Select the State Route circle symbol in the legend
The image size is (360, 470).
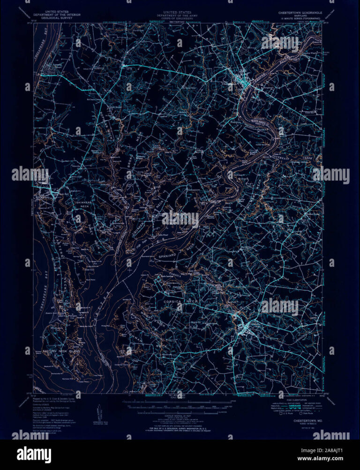[x=304, y=413]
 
